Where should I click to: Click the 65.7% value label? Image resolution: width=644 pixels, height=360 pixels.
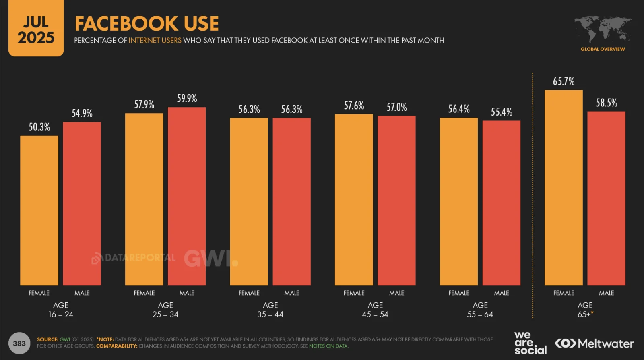pyautogui.click(x=563, y=81)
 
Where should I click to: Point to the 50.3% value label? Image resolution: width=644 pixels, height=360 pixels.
pyautogui.click(x=39, y=127)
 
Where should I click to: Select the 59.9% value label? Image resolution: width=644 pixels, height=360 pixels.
pyautogui.click(x=187, y=99)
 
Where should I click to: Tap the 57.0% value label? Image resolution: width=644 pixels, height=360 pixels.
pyautogui.click(x=396, y=107)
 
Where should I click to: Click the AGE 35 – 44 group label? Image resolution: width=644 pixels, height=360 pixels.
pyautogui.click(x=270, y=310)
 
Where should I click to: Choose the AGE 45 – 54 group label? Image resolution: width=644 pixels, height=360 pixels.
pyautogui.click(x=375, y=310)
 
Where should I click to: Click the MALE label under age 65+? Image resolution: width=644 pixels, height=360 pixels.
pyautogui.click(x=606, y=293)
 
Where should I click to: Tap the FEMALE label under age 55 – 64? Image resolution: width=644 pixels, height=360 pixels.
pyautogui.click(x=459, y=293)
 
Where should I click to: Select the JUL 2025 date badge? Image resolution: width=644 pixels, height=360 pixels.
pyautogui.click(x=36, y=29)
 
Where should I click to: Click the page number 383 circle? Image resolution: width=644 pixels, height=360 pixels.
pyautogui.click(x=19, y=343)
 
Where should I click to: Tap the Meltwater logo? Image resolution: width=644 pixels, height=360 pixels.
pyautogui.click(x=594, y=343)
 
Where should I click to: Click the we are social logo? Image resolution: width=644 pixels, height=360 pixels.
pyautogui.click(x=530, y=343)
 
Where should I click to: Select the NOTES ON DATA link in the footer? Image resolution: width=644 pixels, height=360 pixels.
pyautogui.click(x=328, y=346)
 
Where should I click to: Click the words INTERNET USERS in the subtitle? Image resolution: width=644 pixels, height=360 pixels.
pyautogui.click(x=155, y=41)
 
